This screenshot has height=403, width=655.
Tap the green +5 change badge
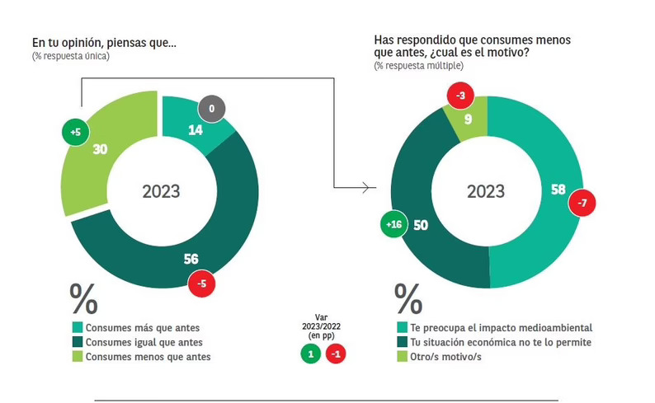coord(76,131)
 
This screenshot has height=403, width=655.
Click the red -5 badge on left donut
coord(202,285)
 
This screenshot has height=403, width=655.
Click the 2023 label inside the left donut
coord(161,192)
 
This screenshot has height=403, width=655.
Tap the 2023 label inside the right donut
coord(486,192)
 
